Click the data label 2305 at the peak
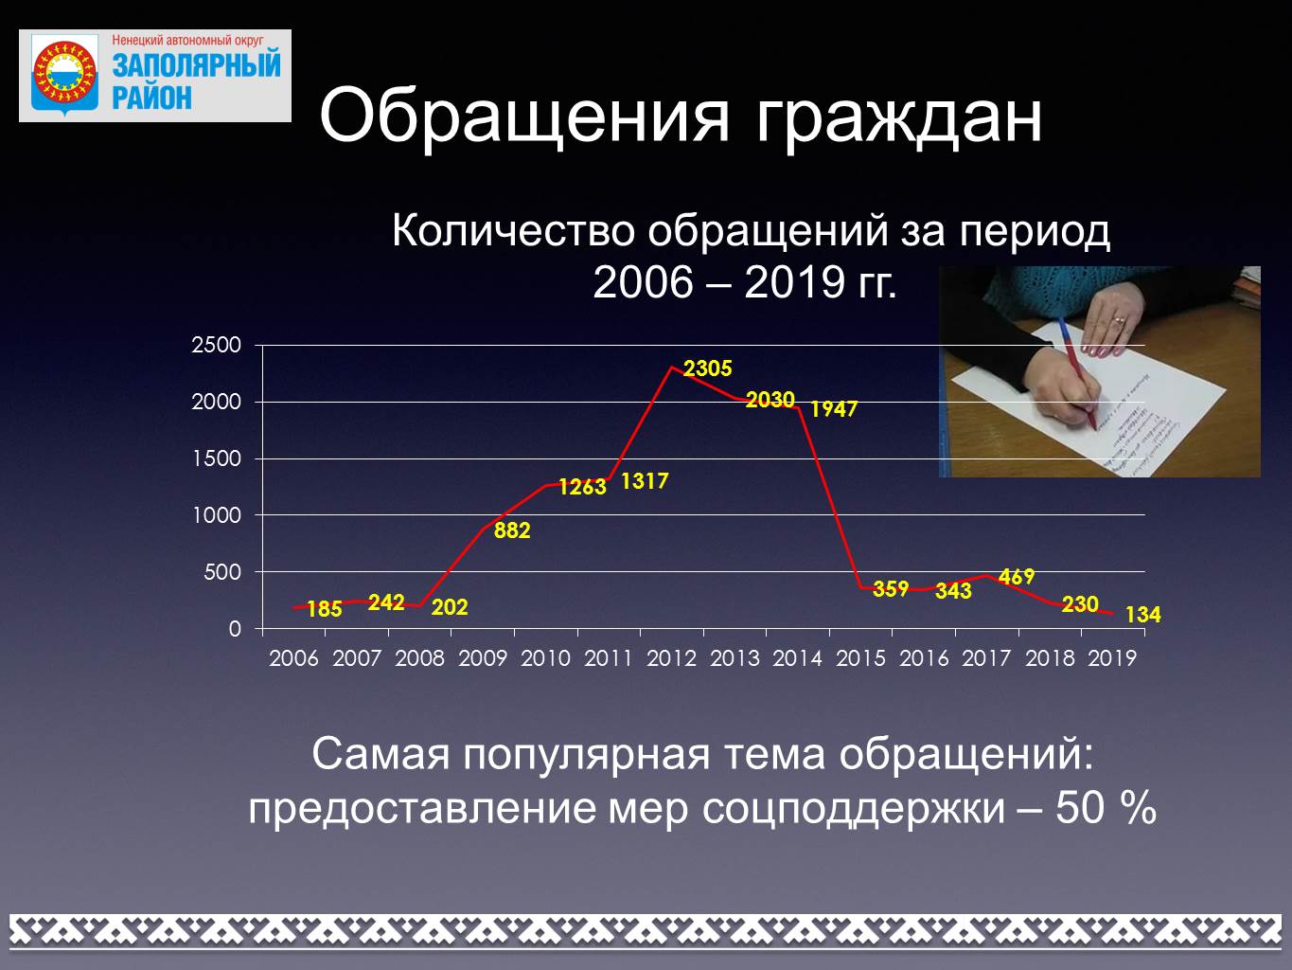pos(707,368)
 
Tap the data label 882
pos(512,530)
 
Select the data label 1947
pos(834,408)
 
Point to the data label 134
pos(1143,615)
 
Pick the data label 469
pos(1017,577)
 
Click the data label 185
pos(325,609)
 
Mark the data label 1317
pos(645,481)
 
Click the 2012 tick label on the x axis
pos(672,657)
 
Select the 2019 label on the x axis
pos(1112,657)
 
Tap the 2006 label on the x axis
pos(293,657)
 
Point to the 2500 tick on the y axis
pos(216,345)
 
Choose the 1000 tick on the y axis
pos(217,515)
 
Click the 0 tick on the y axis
pos(235,629)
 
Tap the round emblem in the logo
pos(64,73)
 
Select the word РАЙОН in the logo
pos(151,98)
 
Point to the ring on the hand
pos(1119,320)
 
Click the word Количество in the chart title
pos(513,230)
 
